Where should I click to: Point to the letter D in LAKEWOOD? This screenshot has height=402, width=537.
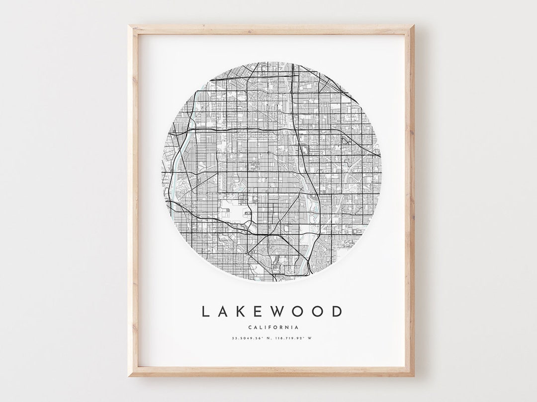tap(337, 312)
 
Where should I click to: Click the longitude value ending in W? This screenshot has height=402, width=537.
tap(294, 339)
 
